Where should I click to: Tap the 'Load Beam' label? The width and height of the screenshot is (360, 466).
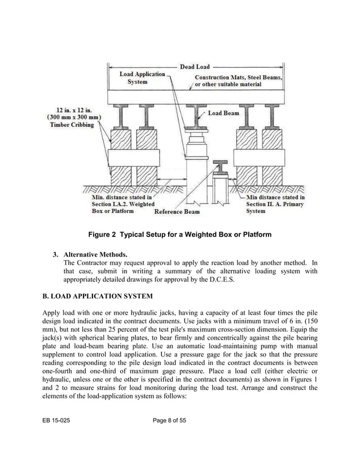click(223, 113)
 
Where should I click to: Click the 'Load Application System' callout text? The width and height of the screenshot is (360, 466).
click(142, 78)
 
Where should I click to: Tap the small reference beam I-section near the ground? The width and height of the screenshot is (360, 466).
click(218, 168)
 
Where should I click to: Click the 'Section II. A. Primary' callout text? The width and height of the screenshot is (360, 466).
click(275, 204)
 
